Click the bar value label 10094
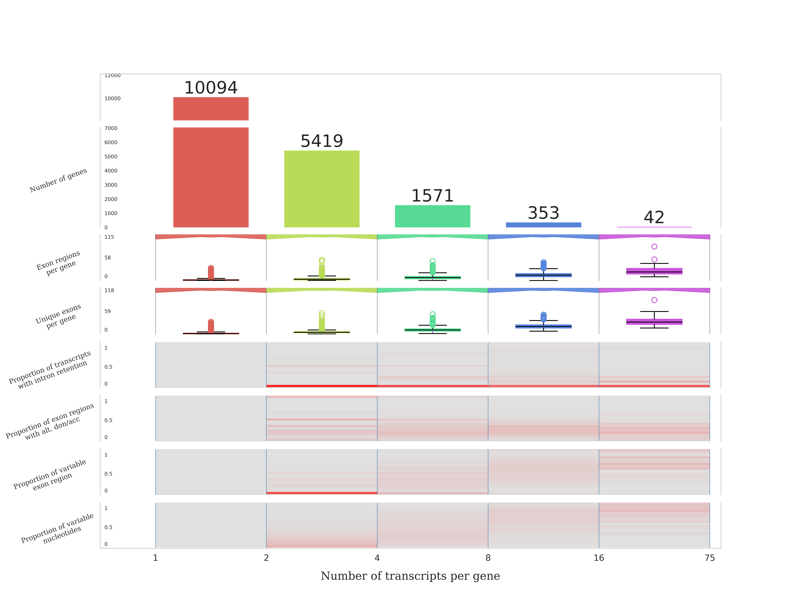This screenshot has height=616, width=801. [x=211, y=88]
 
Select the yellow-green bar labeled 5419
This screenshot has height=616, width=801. [x=322, y=189]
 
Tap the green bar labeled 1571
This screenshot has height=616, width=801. [x=432, y=216]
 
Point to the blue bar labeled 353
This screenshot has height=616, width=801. [x=543, y=225]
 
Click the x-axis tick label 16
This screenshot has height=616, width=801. [x=599, y=558]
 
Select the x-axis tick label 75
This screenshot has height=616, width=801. [x=709, y=558]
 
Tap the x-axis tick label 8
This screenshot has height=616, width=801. [x=488, y=558]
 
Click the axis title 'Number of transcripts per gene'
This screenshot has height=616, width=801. [x=410, y=576]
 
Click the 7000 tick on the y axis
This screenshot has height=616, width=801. [x=111, y=128]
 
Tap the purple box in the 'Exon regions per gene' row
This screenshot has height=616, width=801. [x=654, y=271]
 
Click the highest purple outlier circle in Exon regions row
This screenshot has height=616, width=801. [x=654, y=246]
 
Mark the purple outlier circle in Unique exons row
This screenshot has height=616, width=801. [x=654, y=300]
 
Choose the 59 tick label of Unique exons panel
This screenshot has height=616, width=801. [x=107, y=311]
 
